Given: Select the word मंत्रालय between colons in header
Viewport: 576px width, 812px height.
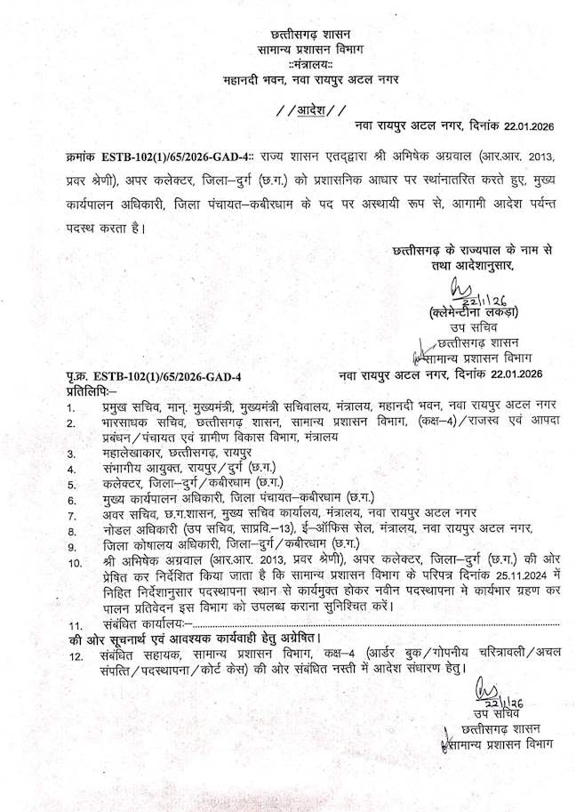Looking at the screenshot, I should click(x=311, y=63).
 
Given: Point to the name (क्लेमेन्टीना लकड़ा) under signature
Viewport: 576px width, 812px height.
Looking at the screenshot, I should click(x=472, y=311).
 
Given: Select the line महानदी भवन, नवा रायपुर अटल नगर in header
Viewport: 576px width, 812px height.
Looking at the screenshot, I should click(x=311, y=79).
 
